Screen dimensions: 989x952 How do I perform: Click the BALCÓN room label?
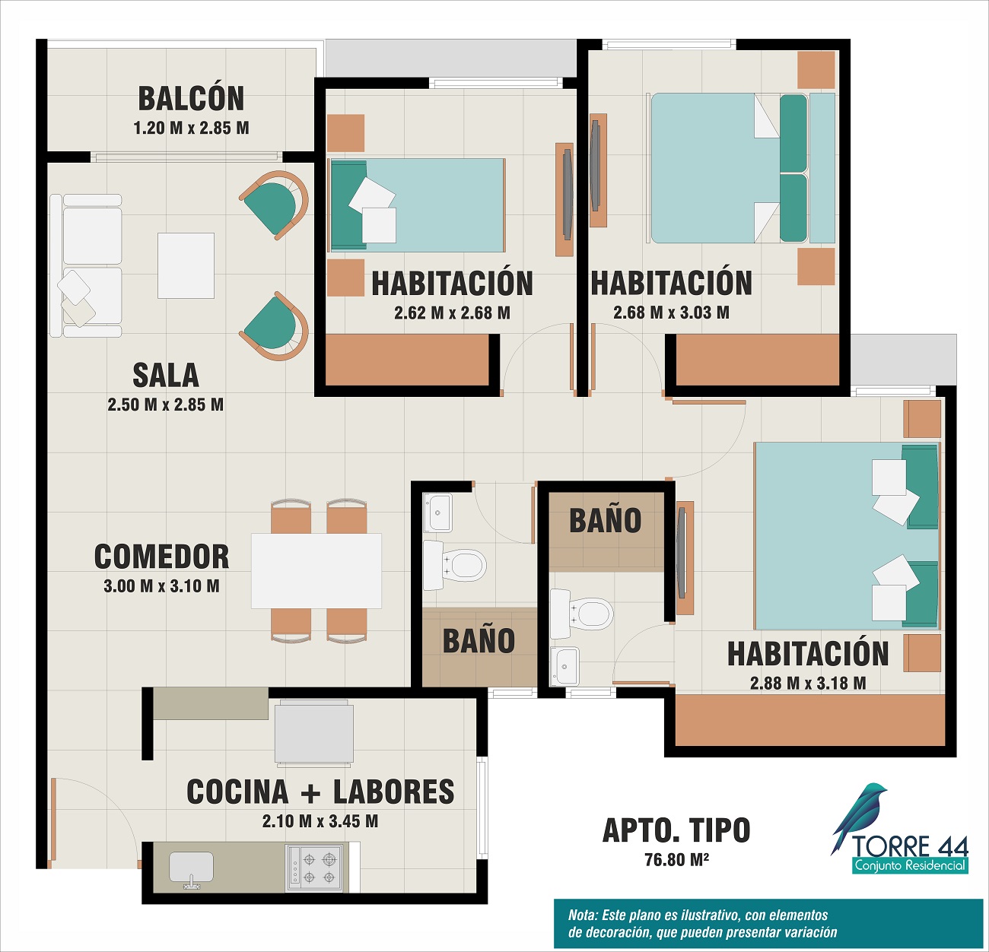[x=191, y=99]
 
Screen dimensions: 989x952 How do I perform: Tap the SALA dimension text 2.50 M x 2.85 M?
[x=166, y=405]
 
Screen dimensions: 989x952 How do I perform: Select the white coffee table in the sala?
[x=186, y=265]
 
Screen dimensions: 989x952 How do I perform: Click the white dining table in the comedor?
[x=316, y=570]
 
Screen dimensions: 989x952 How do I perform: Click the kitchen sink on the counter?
[x=191, y=869]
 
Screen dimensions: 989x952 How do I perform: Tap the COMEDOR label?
[x=161, y=557]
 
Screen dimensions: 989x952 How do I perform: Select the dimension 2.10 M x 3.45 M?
[x=320, y=821]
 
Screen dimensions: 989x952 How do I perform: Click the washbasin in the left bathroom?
[x=437, y=512]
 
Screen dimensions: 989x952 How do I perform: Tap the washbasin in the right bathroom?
[x=564, y=666]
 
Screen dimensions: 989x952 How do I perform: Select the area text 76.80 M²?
[x=676, y=859]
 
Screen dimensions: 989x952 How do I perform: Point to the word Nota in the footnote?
[x=583, y=916]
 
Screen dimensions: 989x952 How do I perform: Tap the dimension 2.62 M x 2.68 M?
[x=453, y=313]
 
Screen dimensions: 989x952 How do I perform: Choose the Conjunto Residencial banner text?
[x=910, y=865]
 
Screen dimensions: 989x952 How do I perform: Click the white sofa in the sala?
[x=86, y=265]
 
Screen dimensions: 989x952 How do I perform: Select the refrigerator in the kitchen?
[x=314, y=733]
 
